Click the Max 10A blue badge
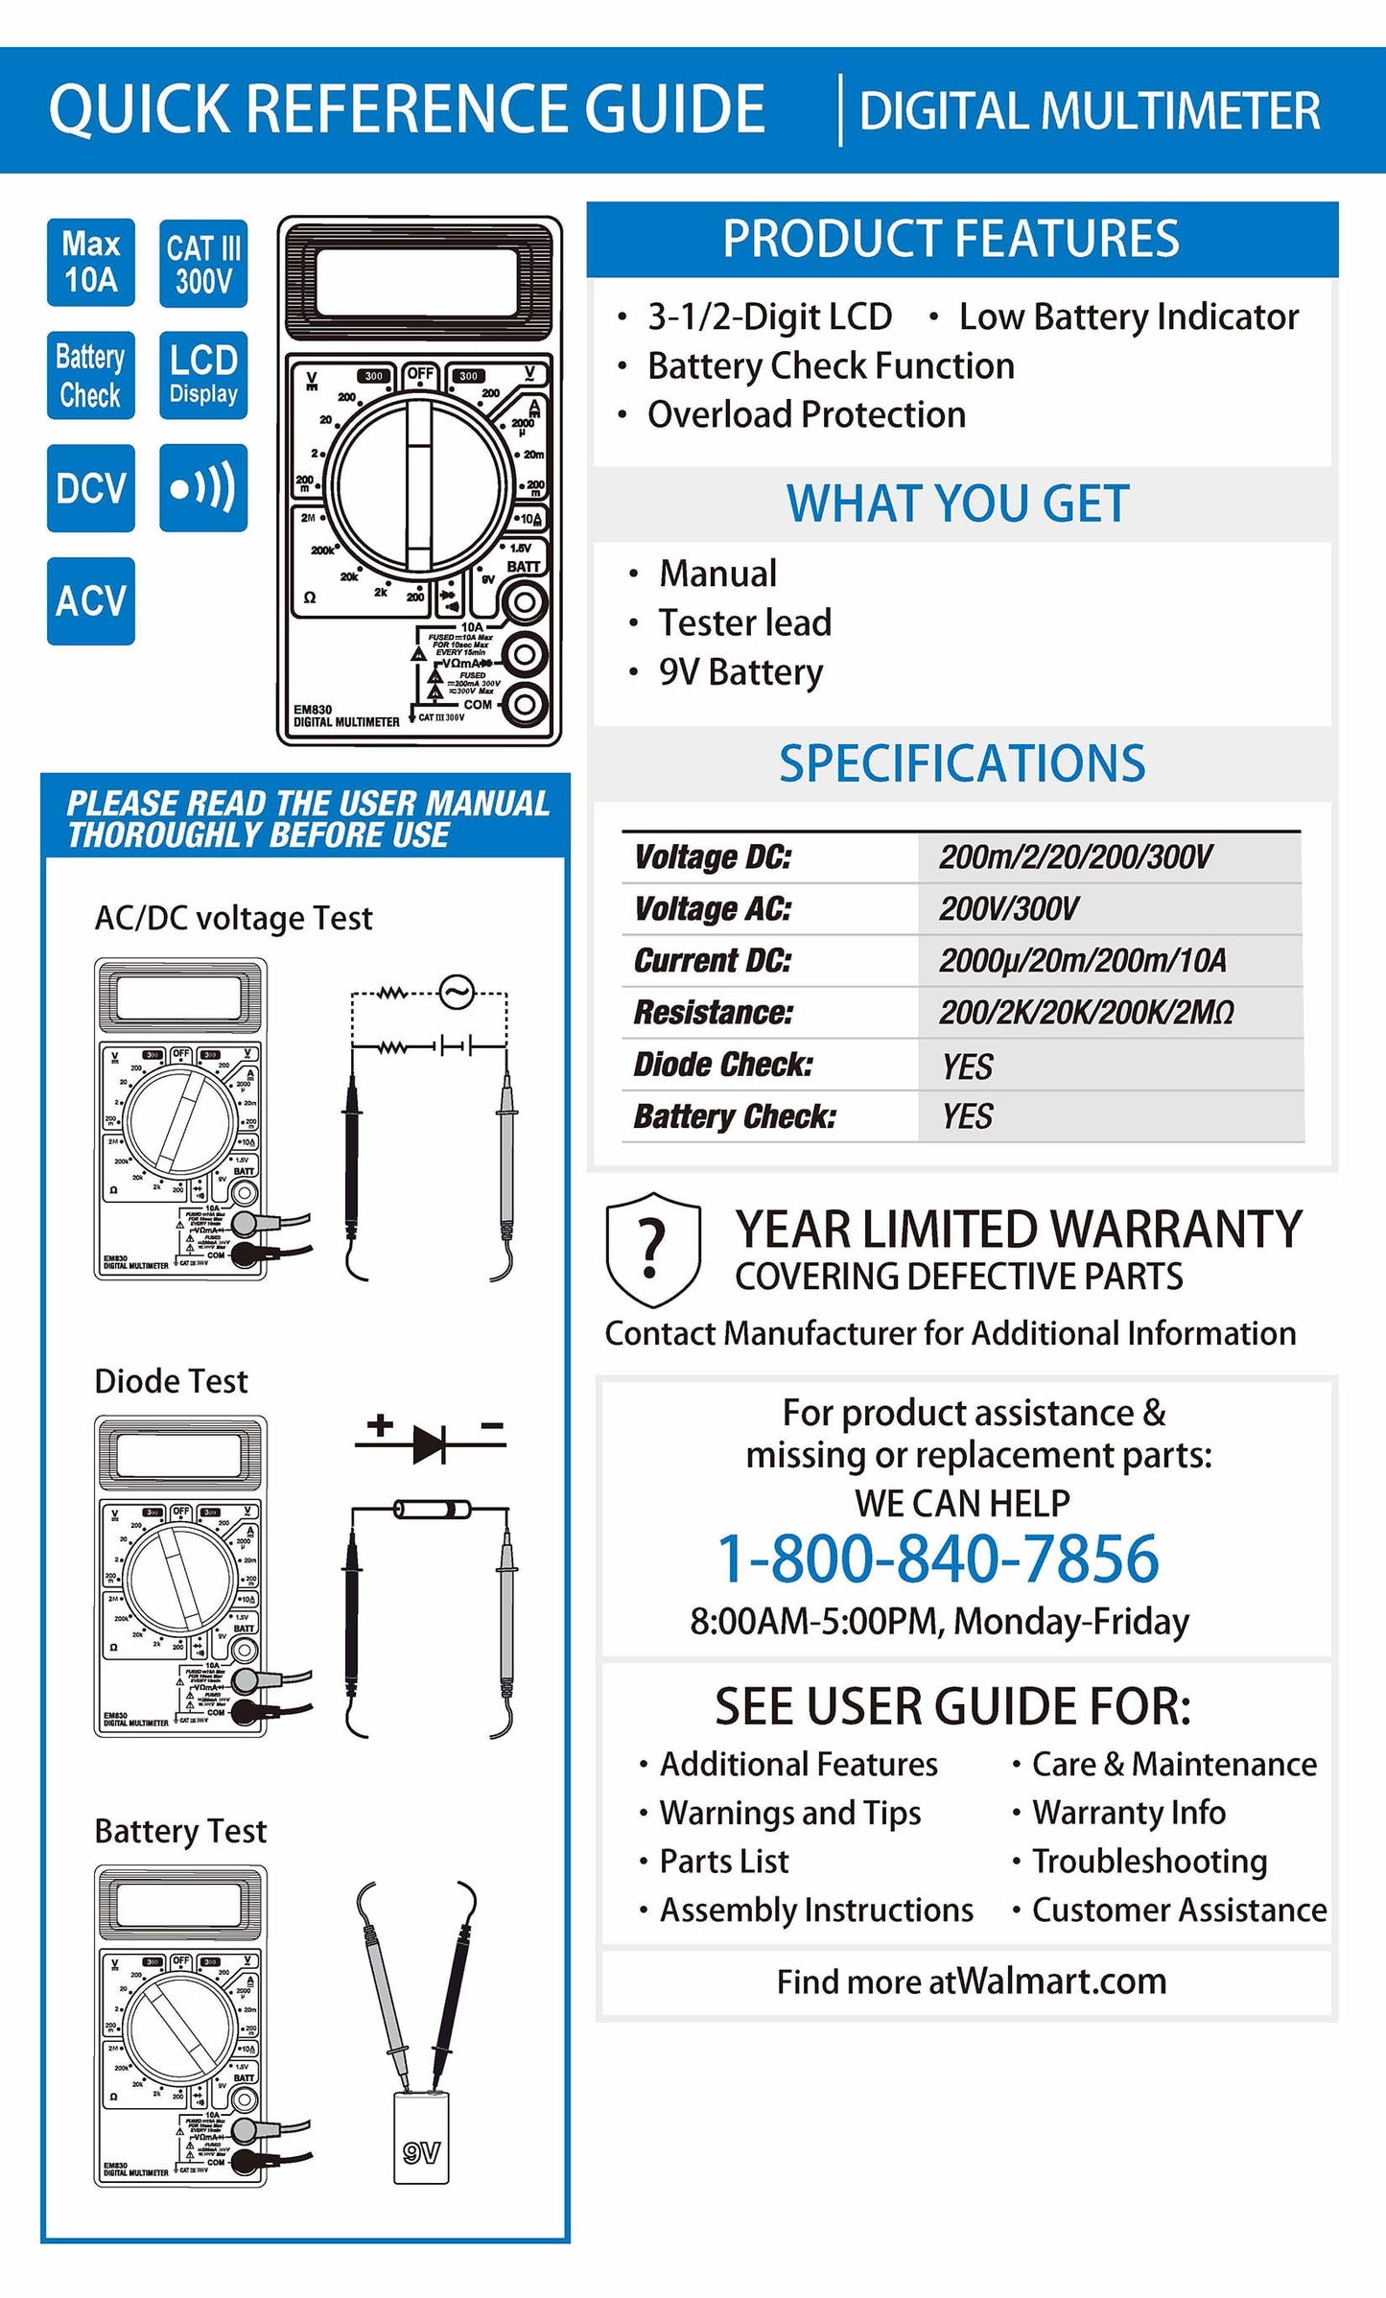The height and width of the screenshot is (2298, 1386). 91,262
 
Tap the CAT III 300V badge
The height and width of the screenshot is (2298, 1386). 203,263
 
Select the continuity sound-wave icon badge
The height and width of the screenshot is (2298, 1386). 203,487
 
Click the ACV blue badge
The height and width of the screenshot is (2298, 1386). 91,601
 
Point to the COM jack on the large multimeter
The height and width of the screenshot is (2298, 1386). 525,704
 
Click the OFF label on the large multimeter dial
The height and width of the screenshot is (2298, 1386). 420,374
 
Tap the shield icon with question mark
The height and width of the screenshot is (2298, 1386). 652,1249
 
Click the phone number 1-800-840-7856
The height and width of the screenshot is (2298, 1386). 938,1559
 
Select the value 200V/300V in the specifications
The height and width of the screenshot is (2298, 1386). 1009,908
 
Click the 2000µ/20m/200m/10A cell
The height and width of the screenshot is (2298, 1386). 1082,960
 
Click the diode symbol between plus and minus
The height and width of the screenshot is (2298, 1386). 430,1443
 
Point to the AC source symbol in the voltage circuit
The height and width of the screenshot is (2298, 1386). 457,992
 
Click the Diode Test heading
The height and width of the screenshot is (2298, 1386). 171,1381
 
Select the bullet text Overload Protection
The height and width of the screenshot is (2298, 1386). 806,414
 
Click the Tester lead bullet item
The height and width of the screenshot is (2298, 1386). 744,622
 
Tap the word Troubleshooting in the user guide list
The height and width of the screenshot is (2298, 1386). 1149,1862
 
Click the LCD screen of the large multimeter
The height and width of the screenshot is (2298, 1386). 419,281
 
